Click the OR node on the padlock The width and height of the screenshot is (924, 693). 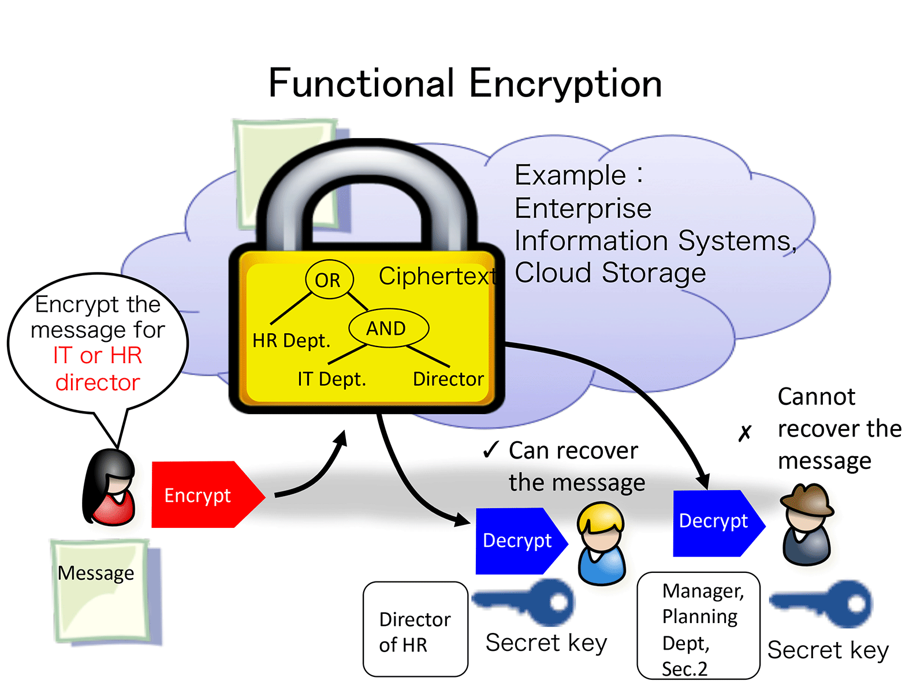[x=329, y=280]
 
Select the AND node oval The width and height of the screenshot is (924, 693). [x=388, y=329]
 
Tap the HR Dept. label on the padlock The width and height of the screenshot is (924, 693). [x=291, y=341]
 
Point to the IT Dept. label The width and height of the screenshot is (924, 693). [x=331, y=379]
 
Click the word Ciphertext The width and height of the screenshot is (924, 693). [x=437, y=276]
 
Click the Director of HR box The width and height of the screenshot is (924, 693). [x=415, y=629]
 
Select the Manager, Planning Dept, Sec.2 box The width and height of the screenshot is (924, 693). [x=698, y=627]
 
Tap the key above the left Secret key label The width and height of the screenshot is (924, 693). [x=526, y=602]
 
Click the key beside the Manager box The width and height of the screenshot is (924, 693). [x=823, y=604]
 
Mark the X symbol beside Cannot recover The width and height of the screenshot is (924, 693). [x=745, y=433]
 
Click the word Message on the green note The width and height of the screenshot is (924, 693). [x=96, y=573]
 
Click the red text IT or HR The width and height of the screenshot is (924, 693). [x=98, y=355]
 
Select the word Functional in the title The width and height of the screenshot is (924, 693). [x=362, y=83]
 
